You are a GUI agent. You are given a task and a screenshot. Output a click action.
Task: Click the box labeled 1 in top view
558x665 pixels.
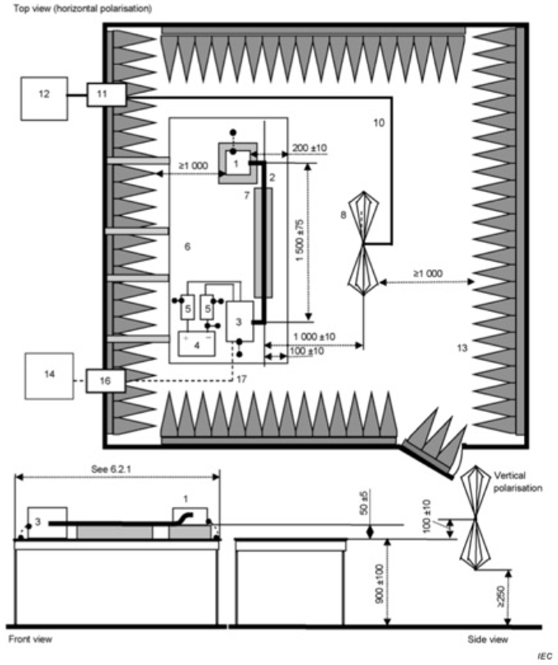[236, 164]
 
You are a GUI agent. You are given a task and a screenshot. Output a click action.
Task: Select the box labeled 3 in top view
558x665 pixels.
[239, 321]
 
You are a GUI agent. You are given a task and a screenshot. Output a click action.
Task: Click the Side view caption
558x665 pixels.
[487, 638]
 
